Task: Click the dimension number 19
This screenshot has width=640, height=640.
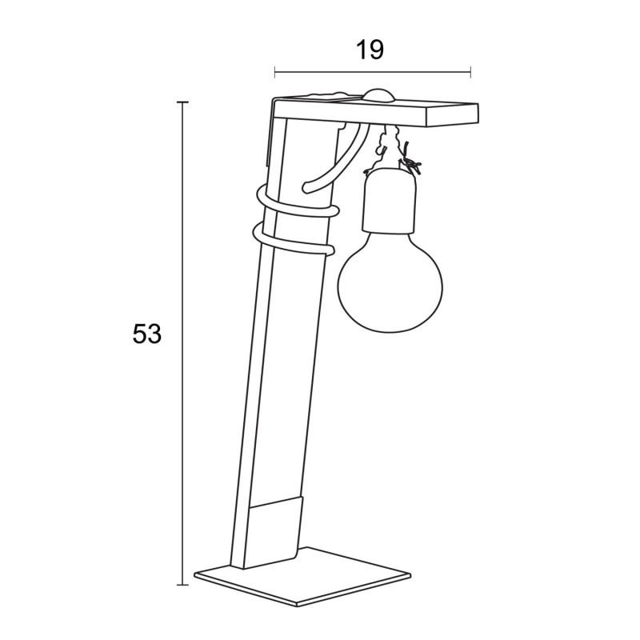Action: [x=370, y=50]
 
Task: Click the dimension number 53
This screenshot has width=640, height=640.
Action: [x=147, y=334]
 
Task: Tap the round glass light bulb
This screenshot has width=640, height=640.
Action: [x=390, y=282]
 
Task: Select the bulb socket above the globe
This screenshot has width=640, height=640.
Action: [x=389, y=200]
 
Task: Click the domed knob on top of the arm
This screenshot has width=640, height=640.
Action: [x=379, y=95]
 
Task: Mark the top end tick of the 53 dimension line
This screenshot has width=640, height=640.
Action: [x=182, y=102]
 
